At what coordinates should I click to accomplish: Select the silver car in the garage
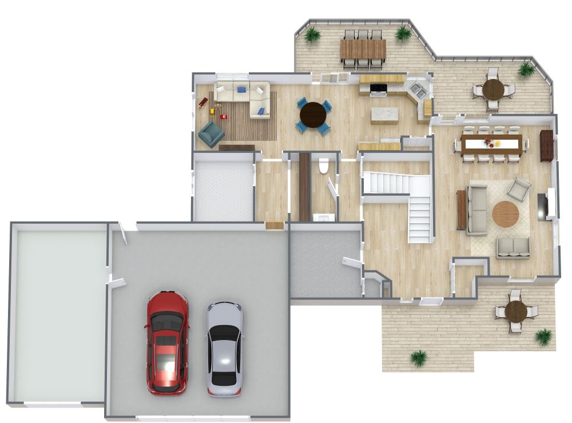pyautogui.click(x=224, y=349)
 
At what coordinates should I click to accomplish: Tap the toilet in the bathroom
pyautogui.click(x=323, y=165)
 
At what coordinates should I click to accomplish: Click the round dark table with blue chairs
pyautogui.click(x=313, y=114)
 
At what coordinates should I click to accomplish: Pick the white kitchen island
pyautogui.click(x=384, y=115)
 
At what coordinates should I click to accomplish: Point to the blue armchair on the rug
pyautogui.click(x=211, y=134)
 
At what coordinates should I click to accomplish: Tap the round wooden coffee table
pyautogui.click(x=506, y=214)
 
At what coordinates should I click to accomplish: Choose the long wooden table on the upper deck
pyautogui.click(x=363, y=49)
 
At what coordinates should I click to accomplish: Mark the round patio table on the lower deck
pyautogui.click(x=516, y=311)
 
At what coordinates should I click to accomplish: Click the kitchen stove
pyautogui.click(x=378, y=89)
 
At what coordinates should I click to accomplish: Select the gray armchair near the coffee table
pyautogui.click(x=519, y=189)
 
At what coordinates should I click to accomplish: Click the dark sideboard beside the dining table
pyautogui.click(x=547, y=145)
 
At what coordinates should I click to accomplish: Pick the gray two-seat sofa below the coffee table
pyautogui.click(x=513, y=248)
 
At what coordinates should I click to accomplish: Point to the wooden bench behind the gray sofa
pyautogui.click(x=461, y=209)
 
